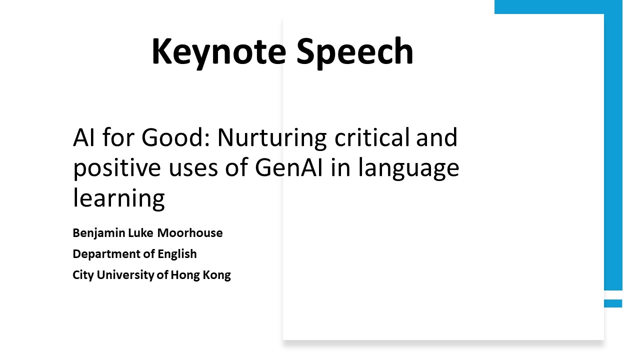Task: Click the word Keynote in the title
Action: (x=219, y=53)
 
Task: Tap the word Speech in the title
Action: (x=355, y=53)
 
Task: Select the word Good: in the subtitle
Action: (x=175, y=137)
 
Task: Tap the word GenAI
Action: (x=289, y=167)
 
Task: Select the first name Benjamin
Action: (x=99, y=233)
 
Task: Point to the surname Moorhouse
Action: (x=190, y=233)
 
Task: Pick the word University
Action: (x=125, y=275)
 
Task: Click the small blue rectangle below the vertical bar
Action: (x=613, y=303)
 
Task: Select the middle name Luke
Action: (x=140, y=233)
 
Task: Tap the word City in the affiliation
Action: (x=83, y=275)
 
